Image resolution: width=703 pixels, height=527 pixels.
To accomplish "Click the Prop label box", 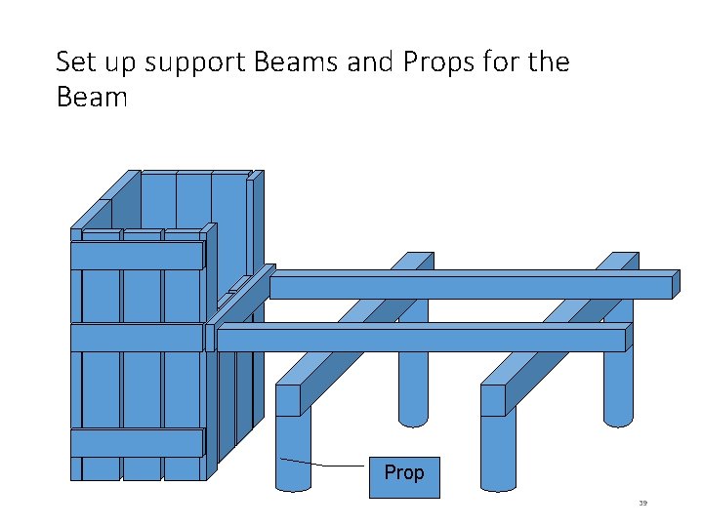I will tap(404, 476).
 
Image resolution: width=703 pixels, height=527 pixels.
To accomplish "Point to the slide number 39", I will tap(642, 504).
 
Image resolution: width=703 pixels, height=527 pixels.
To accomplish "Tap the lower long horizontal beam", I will tap(420, 340).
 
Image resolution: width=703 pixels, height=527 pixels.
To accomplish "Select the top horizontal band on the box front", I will tap(137, 255).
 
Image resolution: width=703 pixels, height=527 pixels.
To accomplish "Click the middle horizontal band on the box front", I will tap(137, 337).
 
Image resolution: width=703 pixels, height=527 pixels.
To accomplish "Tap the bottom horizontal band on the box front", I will tap(137, 442).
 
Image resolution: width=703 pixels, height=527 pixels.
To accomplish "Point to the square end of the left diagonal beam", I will tap(288, 399).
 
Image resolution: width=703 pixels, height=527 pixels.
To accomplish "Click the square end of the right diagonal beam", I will tap(493, 399).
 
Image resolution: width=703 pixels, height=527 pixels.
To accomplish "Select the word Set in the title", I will tap(75, 63).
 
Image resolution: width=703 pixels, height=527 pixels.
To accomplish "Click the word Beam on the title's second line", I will tap(92, 99).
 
